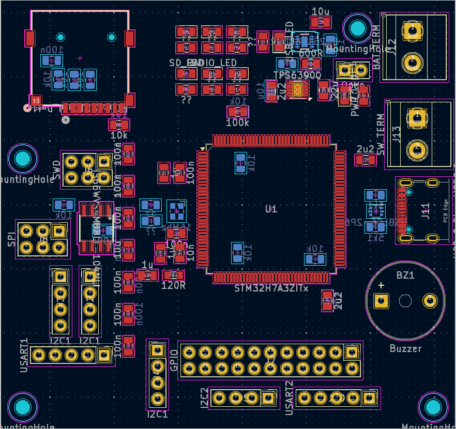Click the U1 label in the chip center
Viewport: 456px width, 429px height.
271,209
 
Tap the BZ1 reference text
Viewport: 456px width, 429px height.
405,275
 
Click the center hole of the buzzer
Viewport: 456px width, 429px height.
405,301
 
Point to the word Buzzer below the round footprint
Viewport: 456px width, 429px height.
405,349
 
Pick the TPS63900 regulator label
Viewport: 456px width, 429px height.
297,75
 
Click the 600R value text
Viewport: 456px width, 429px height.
311,53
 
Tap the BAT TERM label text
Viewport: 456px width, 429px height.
376,47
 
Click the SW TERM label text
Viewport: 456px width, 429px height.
381,134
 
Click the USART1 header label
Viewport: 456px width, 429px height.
24,355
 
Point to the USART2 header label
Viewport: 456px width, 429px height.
289,398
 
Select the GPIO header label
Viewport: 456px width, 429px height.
174,360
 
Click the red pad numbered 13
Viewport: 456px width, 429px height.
35,100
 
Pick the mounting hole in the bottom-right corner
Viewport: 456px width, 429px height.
433,408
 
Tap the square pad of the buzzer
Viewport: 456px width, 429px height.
382,301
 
